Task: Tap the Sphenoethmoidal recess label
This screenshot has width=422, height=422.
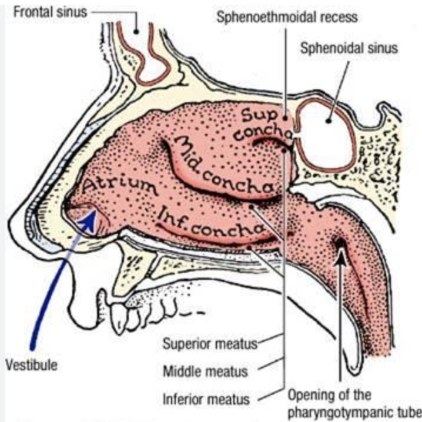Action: tap(286, 17)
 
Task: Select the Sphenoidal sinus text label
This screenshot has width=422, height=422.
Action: tap(349, 48)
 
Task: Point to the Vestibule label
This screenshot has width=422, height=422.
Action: tap(31, 364)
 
